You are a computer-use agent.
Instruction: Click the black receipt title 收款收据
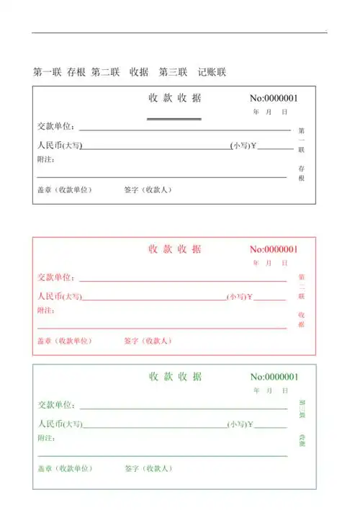[175, 99]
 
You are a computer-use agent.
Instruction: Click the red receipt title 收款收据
[175, 249]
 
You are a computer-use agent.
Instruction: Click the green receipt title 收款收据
[175, 377]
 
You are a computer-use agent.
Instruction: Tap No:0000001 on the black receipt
[274, 99]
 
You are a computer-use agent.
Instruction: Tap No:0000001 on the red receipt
[274, 250]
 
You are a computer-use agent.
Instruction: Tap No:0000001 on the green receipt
[274, 377]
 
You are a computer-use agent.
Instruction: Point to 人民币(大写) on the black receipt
[60, 146]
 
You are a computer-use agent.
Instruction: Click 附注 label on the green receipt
[46, 437]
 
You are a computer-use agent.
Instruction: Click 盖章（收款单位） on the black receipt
[66, 190]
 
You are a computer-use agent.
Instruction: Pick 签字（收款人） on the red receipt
[148, 341]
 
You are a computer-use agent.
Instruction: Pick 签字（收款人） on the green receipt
[148, 468]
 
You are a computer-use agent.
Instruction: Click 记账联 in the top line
[212, 72]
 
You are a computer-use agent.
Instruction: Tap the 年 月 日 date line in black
[271, 112]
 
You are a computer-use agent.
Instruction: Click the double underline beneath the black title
[174, 119]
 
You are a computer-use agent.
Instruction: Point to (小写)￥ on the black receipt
[243, 146]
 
